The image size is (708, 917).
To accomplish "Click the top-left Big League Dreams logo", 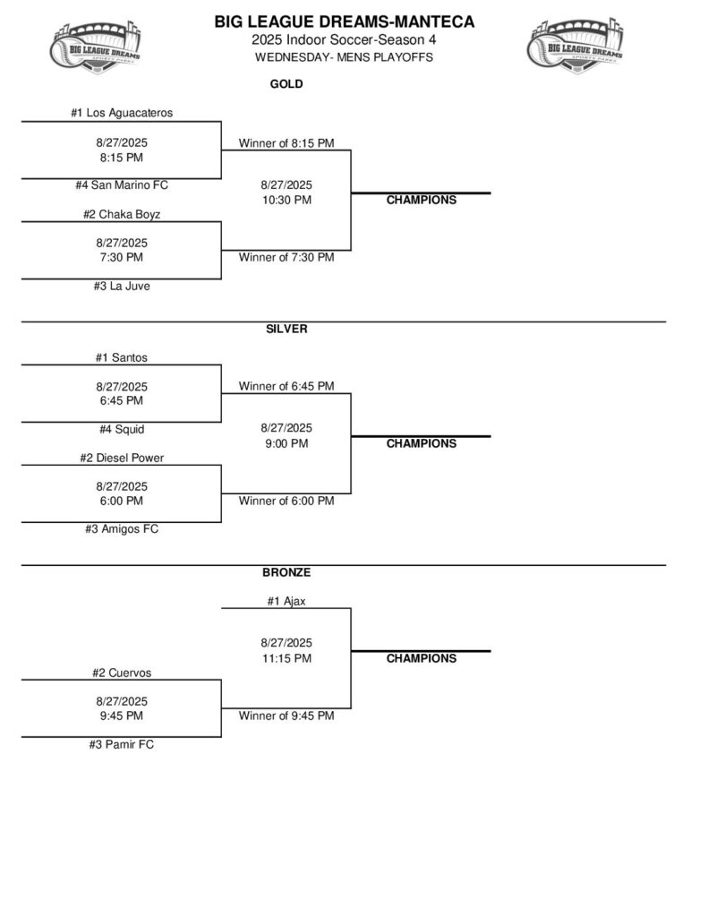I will click(x=96, y=46).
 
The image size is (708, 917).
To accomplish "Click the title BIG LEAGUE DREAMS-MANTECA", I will click(x=345, y=22).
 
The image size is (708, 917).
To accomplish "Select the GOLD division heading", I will click(x=286, y=85).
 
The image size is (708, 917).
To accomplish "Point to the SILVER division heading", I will click(x=286, y=329).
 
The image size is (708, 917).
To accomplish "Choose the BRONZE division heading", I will click(x=286, y=572).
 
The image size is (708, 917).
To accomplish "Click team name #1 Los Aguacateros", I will click(x=122, y=113).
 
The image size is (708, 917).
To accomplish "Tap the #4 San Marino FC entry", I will click(x=122, y=185).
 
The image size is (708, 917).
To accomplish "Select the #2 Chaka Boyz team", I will click(x=122, y=214).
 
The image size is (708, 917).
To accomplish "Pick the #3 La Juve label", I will click(x=122, y=287).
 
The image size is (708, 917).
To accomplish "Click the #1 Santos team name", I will click(x=122, y=357).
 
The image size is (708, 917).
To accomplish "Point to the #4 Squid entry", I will click(x=122, y=429).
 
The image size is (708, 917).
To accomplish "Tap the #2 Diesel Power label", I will click(x=122, y=458).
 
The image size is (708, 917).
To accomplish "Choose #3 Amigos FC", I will click(x=122, y=529).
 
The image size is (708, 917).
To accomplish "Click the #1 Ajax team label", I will click(x=286, y=601).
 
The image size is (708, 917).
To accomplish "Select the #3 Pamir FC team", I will click(x=122, y=744).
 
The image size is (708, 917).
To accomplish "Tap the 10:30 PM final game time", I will click(x=286, y=200).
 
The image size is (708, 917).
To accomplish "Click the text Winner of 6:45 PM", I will click(x=286, y=386).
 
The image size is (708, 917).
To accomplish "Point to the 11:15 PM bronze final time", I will click(x=286, y=658).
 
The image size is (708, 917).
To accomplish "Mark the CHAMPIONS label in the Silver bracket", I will click(x=421, y=443).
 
